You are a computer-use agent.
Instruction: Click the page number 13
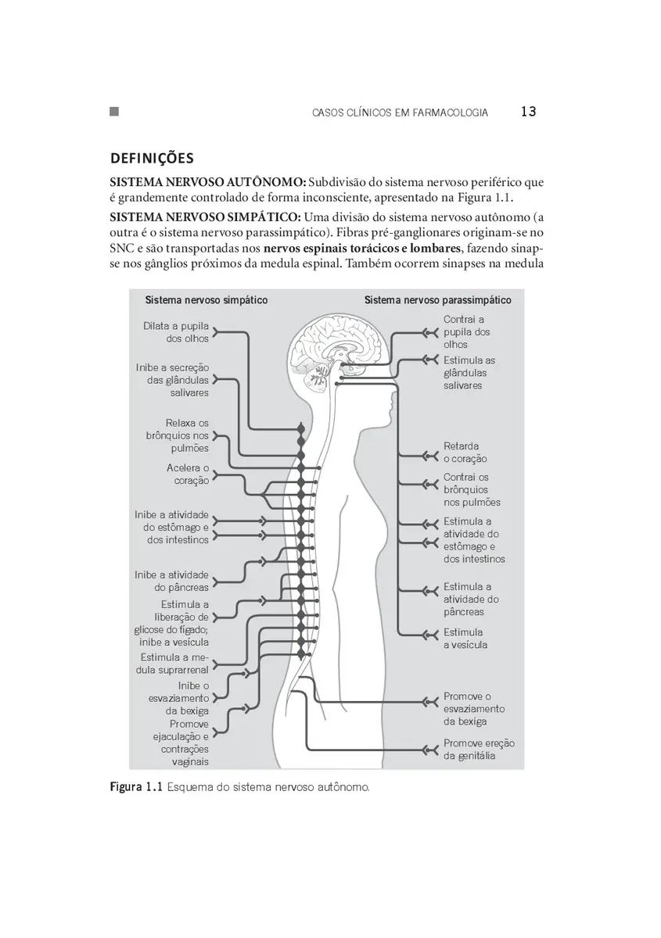coord(529,111)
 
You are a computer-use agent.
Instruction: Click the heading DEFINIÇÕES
coord(152,158)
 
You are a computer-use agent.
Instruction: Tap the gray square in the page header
coord(114,111)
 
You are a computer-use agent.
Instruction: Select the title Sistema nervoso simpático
coord(207,300)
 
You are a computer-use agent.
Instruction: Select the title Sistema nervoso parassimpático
coord(437,300)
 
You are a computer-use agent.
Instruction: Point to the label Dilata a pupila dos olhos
coord(176,332)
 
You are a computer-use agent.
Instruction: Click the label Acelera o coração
coord(188,474)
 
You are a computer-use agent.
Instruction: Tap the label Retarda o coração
coord(465,453)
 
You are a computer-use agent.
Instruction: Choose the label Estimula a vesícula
coord(465,639)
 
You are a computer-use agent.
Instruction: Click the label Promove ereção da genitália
coord(479,750)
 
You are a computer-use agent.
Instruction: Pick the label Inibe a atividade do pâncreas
coord(171,581)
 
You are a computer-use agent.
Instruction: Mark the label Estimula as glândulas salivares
coord(469,373)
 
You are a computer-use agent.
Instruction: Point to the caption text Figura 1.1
coord(136,787)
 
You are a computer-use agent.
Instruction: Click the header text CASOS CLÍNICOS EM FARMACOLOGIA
coord(400,113)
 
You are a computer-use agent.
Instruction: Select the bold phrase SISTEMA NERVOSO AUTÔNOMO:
coord(208,182)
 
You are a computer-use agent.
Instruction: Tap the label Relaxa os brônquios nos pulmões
coord(178,435)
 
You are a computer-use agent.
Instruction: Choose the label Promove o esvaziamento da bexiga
coord(474,709)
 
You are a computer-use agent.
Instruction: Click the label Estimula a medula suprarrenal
coord(172,664)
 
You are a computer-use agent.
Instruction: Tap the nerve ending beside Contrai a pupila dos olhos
coord(430,333)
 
